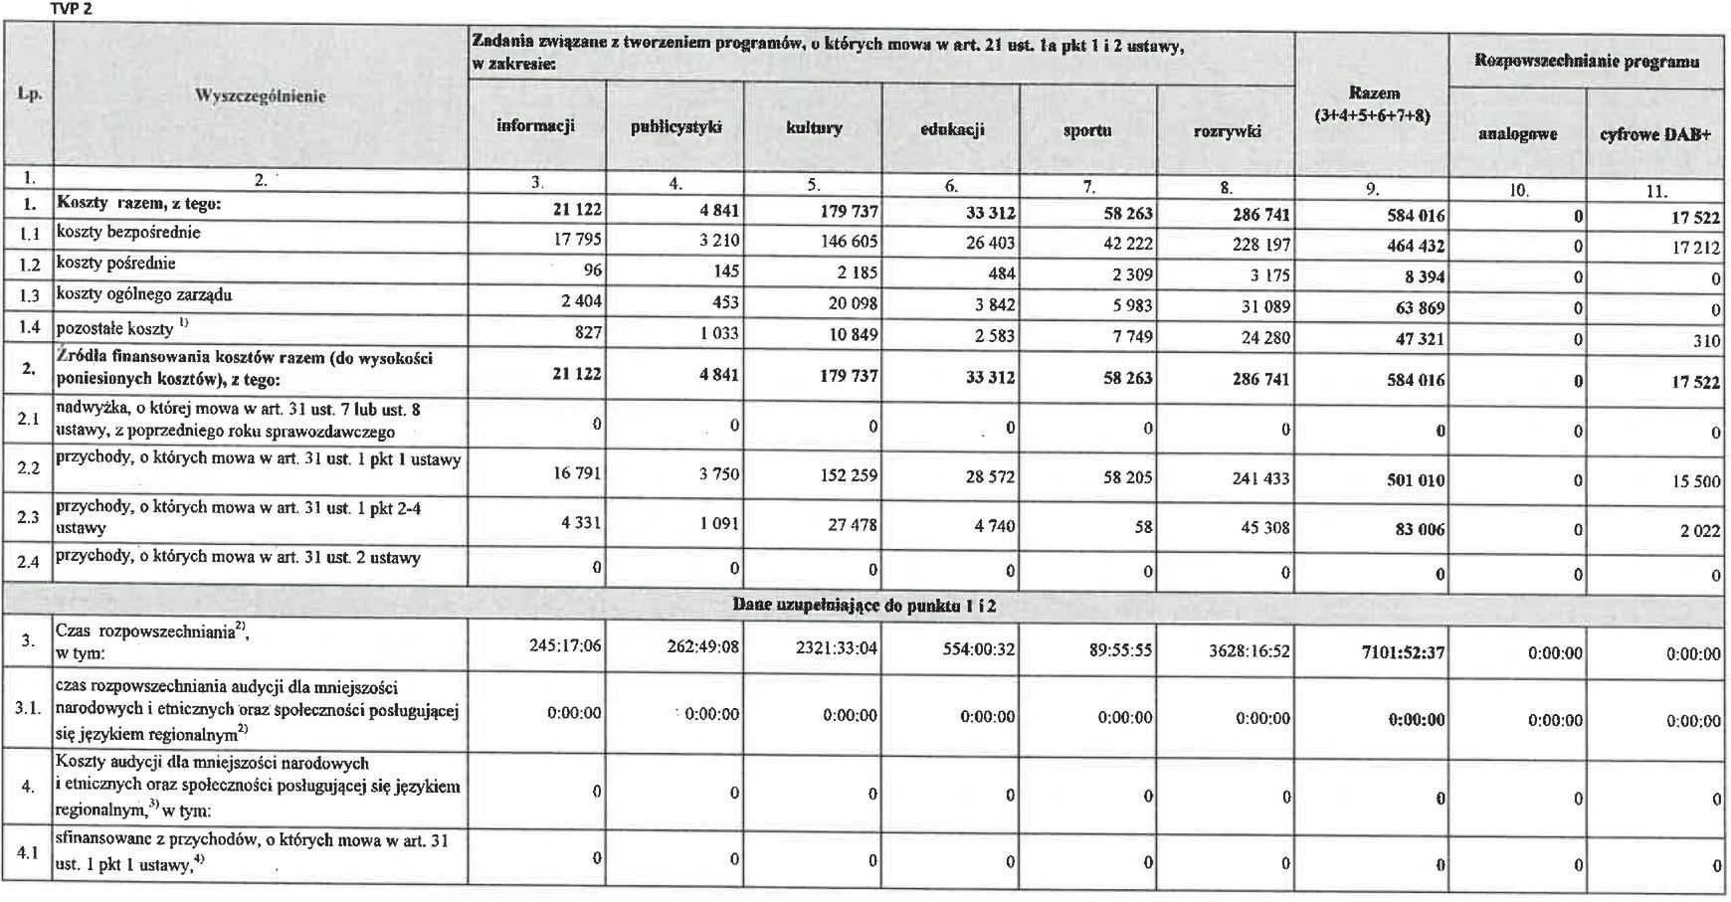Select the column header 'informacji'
point(535,126)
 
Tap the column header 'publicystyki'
point(675,128)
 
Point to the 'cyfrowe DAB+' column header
point(1655,134)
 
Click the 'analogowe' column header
point(1517,134)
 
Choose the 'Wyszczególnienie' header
point(261,96)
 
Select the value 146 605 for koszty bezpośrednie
point(844,242)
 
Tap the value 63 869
point(1416,308)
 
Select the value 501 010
point(1415,480)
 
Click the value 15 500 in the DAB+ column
point(1694,481)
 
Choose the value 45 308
point(1264,528)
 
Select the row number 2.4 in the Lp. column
point(28,562)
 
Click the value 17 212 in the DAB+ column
point(1694,247)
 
